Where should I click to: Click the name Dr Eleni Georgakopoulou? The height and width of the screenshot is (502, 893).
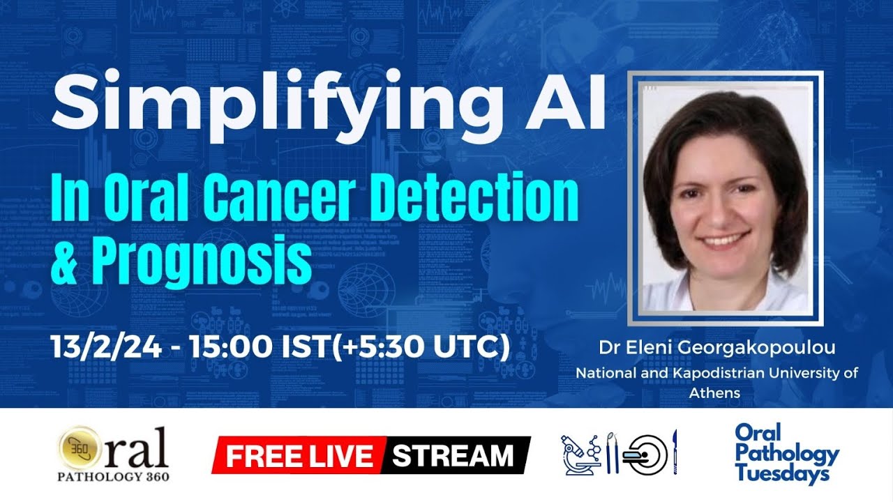click(716, 347)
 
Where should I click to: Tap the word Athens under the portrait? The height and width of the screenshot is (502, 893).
click(714, 393)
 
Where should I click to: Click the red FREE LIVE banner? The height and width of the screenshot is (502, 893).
click(299, 456)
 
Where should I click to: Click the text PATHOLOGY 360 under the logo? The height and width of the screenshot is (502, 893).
click(113, 477)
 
